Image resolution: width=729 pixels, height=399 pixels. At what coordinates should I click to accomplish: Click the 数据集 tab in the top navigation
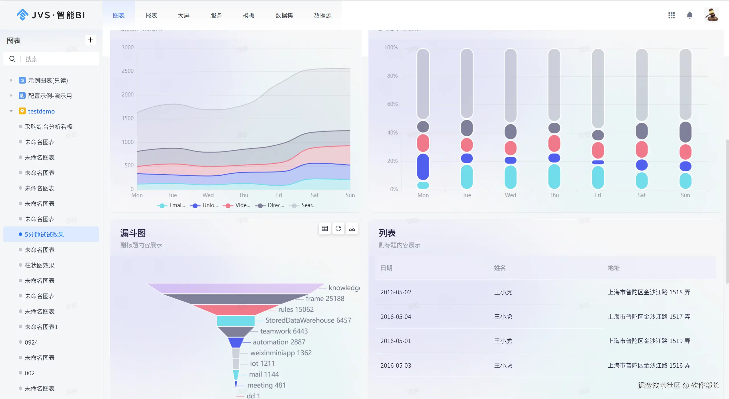tap(284, 15)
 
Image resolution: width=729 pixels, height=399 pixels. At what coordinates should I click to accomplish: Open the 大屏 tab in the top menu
tap(183, 15)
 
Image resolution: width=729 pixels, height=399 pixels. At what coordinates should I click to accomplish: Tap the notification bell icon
tap(689, 15)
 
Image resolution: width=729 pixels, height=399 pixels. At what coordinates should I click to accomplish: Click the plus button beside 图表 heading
tap(91, 40)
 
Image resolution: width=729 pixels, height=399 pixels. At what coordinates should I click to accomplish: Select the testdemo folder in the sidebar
tap(41, 111)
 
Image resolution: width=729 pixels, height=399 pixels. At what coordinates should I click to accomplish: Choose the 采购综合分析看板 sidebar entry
tap(48, 127)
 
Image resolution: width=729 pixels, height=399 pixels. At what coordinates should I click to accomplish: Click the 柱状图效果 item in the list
tap(40, 265)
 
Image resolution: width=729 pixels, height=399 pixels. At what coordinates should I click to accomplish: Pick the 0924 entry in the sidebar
tap(31, 342)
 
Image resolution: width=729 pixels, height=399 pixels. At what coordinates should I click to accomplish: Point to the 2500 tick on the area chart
tap(127, 71)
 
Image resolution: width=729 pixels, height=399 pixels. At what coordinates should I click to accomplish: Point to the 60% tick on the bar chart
tap(392, 104)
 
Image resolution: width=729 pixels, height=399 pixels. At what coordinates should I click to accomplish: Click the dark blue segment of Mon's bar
tap(423, 167)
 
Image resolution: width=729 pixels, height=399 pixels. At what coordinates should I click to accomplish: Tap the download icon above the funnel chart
tap(352, 228)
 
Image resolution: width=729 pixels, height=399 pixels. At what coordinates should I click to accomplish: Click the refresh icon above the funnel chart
tap(338, 228)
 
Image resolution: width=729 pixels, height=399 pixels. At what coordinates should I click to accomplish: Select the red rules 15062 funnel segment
tap(235, 309)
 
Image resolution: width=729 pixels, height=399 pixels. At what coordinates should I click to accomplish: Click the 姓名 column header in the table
tap(500, 268)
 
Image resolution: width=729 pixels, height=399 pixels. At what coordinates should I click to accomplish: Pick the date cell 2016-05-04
tap(396, 317)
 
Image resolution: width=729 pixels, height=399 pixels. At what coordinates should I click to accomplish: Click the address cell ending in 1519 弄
tap(649, 341)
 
